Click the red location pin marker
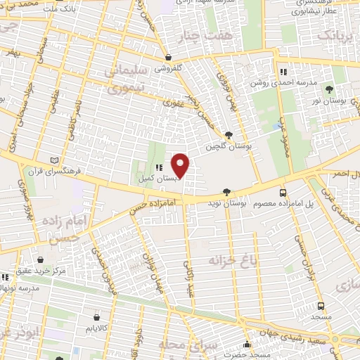click(x=181, y=165)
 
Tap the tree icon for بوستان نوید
click(x=226, y=192)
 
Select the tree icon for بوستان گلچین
click(x=229, y=136)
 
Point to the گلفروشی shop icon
click(x=167, y=57)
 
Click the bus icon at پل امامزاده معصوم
click(x=283, y=192)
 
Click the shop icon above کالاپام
click(x=96, y=317)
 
